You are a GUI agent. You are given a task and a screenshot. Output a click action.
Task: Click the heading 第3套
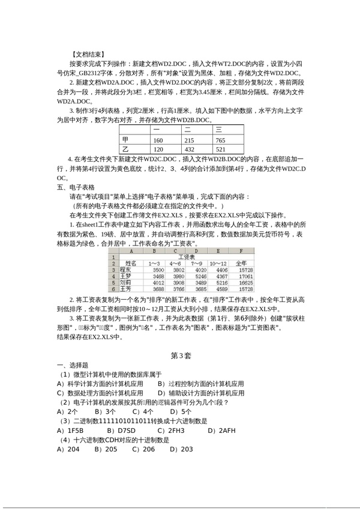[x=181, y=355]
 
